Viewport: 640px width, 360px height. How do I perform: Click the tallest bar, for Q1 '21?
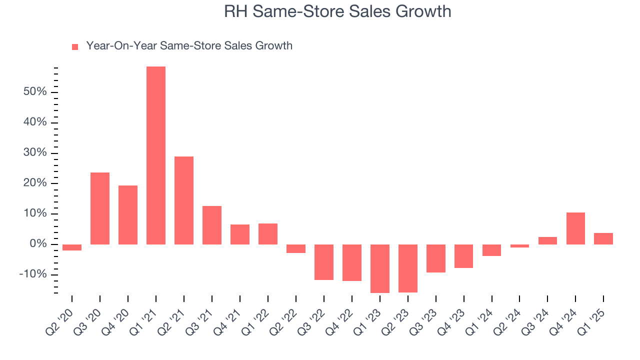point(156,155)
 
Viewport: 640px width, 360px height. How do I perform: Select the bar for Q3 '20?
point(100,208)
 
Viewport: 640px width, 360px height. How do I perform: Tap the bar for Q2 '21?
point(184,200)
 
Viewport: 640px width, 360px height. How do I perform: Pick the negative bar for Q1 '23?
point(380,268)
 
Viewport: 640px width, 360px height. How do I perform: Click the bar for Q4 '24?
point(575,228)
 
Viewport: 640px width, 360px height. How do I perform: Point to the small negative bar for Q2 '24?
point(519,246)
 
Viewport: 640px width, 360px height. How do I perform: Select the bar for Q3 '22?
point(324,262)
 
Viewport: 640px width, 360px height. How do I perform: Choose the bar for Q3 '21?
point(212,225)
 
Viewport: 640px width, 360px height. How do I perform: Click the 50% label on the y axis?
point(34,92)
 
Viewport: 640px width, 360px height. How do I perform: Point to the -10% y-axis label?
point(32,274)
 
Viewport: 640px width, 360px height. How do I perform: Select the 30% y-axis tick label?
point(34,153)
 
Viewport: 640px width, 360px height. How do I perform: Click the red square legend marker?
point(75,47)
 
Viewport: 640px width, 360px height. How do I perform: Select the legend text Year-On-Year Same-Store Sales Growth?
point(189,46)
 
